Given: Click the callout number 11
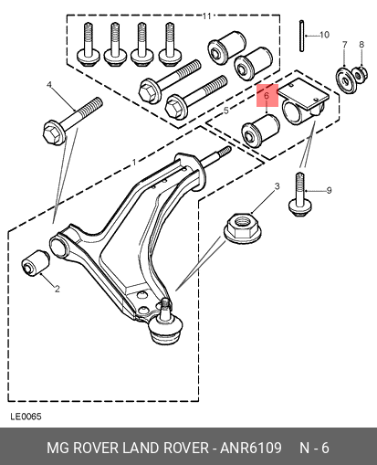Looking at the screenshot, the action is (x=207, y=16).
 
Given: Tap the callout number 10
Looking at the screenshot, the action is (x=324, y=35).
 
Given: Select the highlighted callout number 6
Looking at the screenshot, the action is (x=267, y=96).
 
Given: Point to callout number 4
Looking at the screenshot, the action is (x=49, y=85).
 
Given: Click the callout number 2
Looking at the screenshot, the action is (x=58, y=289).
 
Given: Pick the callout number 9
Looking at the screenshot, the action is (x=329, y=191).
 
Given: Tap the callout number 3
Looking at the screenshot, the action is (x=277, y=186).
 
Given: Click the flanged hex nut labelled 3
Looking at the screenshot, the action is (x=243, y=228).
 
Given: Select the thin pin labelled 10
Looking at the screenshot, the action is (x=301, y=36).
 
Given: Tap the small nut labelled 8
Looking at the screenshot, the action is (x=360, y=75).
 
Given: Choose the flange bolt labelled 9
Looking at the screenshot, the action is (x=300, y=195).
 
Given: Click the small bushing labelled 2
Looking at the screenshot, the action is (x=36, y=263).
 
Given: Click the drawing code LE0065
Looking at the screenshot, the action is (x=26, y=417).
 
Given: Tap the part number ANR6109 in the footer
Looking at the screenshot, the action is (x=251, y=448).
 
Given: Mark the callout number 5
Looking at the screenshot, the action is (x=225, y=111).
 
